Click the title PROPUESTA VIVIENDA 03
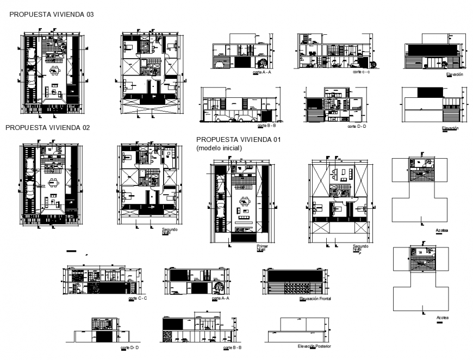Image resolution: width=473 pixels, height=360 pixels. (52, 15)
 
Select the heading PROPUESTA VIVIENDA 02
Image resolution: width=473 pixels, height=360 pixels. (47, 127)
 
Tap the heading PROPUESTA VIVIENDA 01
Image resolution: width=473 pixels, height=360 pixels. (238, 140)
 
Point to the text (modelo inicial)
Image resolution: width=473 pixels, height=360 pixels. (219, 148)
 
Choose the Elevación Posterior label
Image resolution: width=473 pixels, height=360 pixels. (314, 346)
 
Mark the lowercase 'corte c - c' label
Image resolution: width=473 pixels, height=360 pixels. (361, 72)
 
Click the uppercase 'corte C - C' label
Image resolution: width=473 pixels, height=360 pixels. (138, 299)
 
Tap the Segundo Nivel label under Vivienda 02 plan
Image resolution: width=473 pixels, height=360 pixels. (170, 231)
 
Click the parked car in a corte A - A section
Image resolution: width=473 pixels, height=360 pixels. (222, 65)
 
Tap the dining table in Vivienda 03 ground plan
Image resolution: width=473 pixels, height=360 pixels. (54, 71)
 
